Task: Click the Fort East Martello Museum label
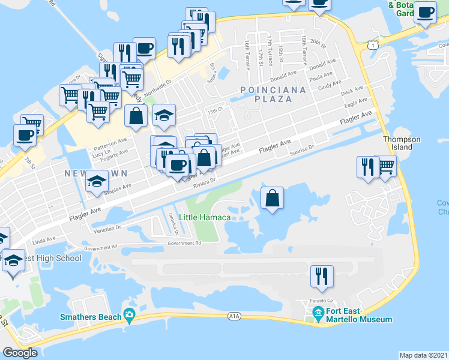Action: tap(358, 316)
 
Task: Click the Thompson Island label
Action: tap(402, 143)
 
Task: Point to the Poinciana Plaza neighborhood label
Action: tap(273, 94)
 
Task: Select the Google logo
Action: tap(20, 353)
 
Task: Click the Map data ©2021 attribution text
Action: tap(423, 355)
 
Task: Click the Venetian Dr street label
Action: tap(107, 229)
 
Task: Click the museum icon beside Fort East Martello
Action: tap(317, 311)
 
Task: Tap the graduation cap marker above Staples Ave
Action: tap(95, 182)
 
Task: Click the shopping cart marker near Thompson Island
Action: tap(386, 166)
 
